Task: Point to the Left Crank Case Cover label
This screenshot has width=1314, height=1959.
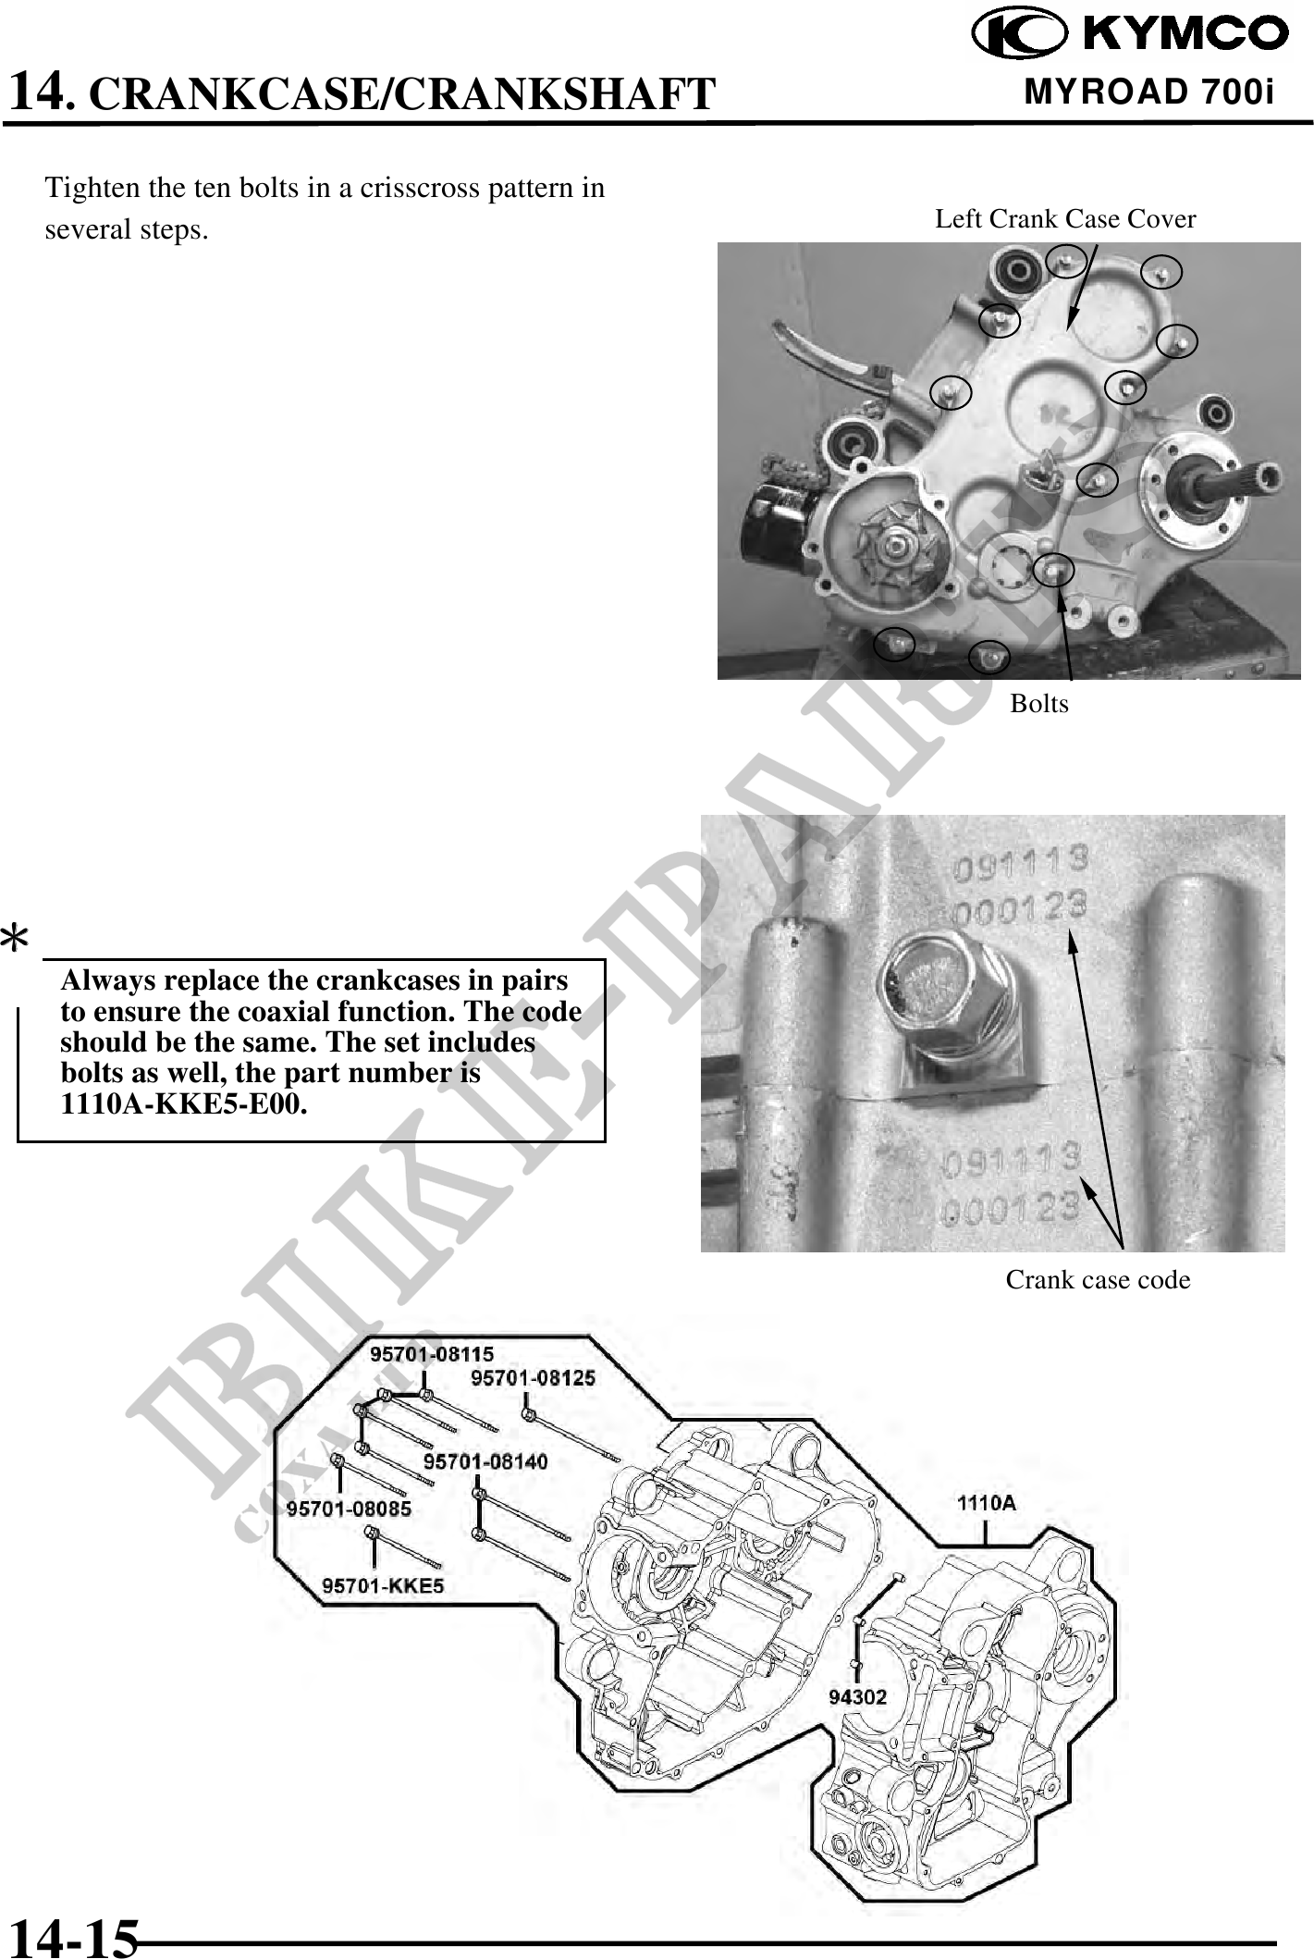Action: [x=1065, y=219]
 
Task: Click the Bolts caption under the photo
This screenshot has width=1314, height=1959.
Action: [x=1038, y=703]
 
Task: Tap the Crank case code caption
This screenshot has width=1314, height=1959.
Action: [x=1098, y=1279]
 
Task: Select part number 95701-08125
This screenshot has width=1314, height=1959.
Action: [x=533, y=1377]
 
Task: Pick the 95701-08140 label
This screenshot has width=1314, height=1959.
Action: [x=485, y=1460]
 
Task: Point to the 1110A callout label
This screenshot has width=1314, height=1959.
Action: [x=986, y=1503]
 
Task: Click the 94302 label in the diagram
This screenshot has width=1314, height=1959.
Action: [x=857, y=1696]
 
